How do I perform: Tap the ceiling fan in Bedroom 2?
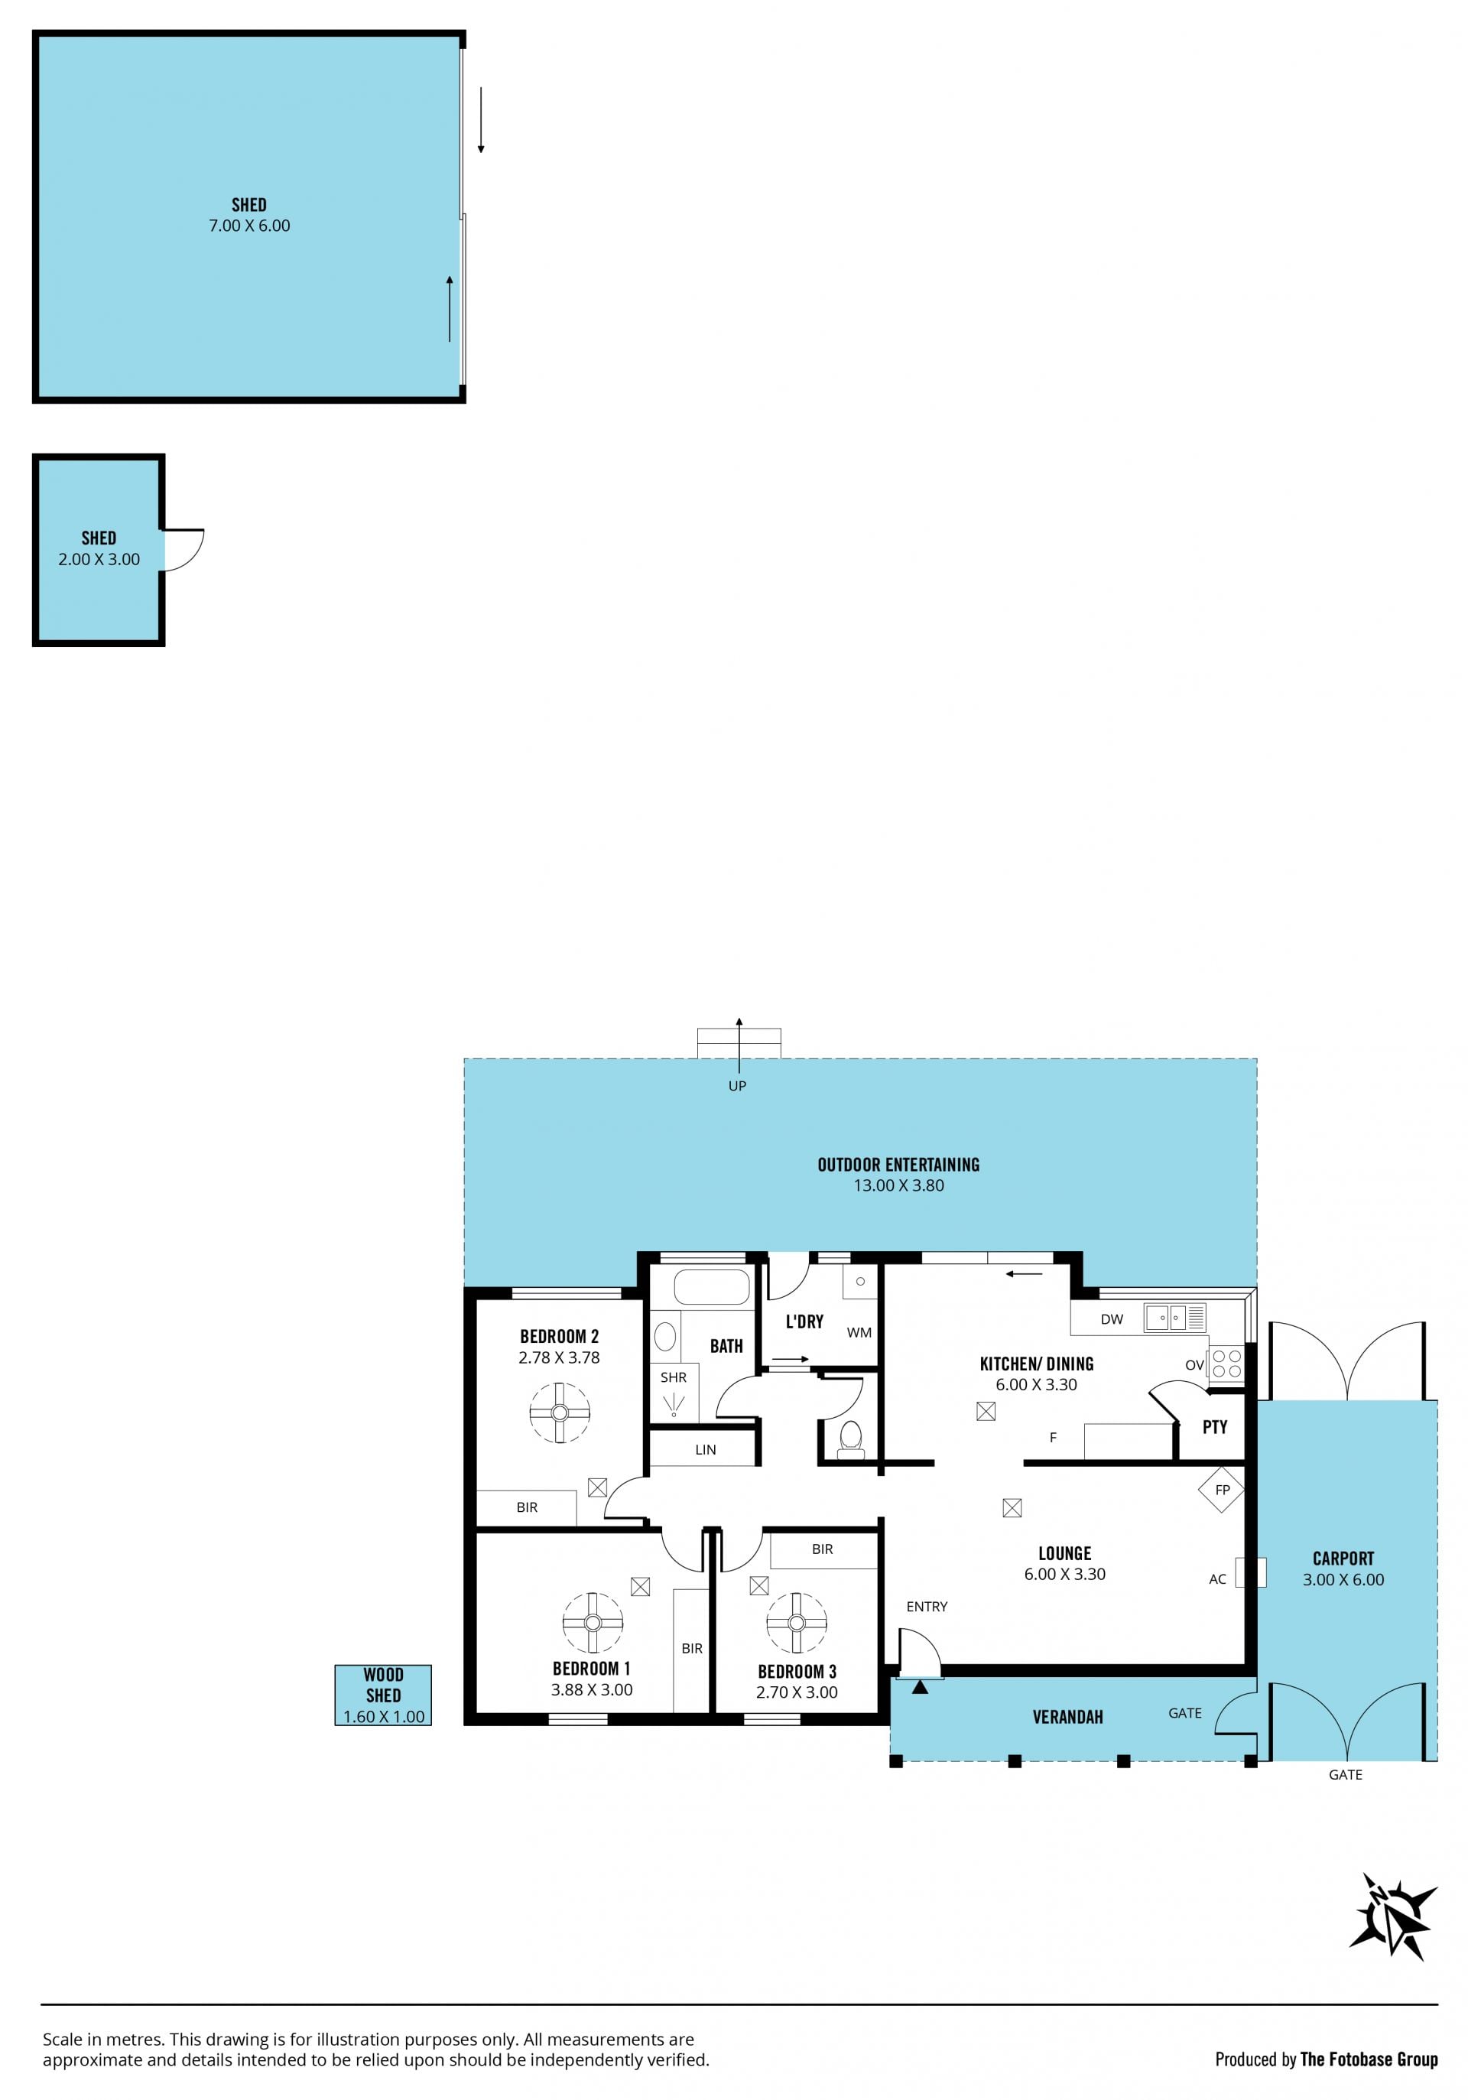(560, 1412)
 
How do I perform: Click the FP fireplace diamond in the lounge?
(1221, 1489)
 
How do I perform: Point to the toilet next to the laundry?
(851, 1436)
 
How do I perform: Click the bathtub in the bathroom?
(712, 1287)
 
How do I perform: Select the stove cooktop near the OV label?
(1226, 1364)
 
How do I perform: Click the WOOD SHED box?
(383, 1695)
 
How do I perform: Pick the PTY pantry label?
(1215, 1427)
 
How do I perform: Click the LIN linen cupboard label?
(705, 1450)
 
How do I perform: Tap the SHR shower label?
(673, 1377)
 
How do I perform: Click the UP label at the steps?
(737, 1086)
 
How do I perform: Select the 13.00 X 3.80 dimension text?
(898, 1185)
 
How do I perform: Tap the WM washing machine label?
(859, 1333)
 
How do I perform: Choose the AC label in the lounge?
(1217, 1578)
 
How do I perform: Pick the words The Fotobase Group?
(1369, 2059)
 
